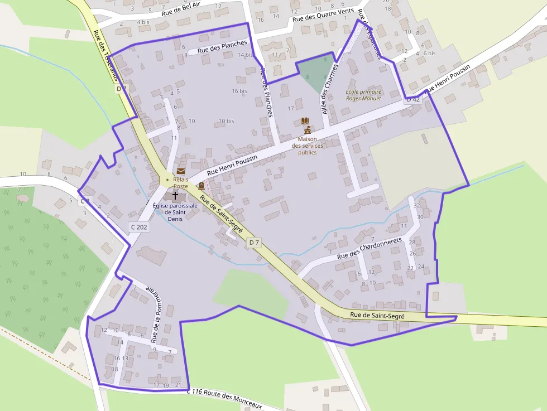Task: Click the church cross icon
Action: [x=175, y=196]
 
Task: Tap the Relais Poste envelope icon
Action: [x=181, y=171]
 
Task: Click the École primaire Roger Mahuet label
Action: [x=363, y=95]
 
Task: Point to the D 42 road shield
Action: [x=412, y=99]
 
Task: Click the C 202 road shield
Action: [x=139, y=227]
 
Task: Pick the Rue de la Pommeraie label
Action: [x=154, y=313]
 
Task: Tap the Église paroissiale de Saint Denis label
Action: [x=175, y=212]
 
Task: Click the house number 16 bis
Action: [x=239, y=91]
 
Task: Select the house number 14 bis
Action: [x=245, y=55]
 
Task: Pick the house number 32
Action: [x=416, y=206]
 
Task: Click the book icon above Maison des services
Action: [x=305, y=120]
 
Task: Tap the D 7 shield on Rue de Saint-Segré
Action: [x=254, y=242]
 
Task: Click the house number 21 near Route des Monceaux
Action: [x=178, y=385]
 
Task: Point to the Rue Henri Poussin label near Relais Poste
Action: [x=232, y=166]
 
